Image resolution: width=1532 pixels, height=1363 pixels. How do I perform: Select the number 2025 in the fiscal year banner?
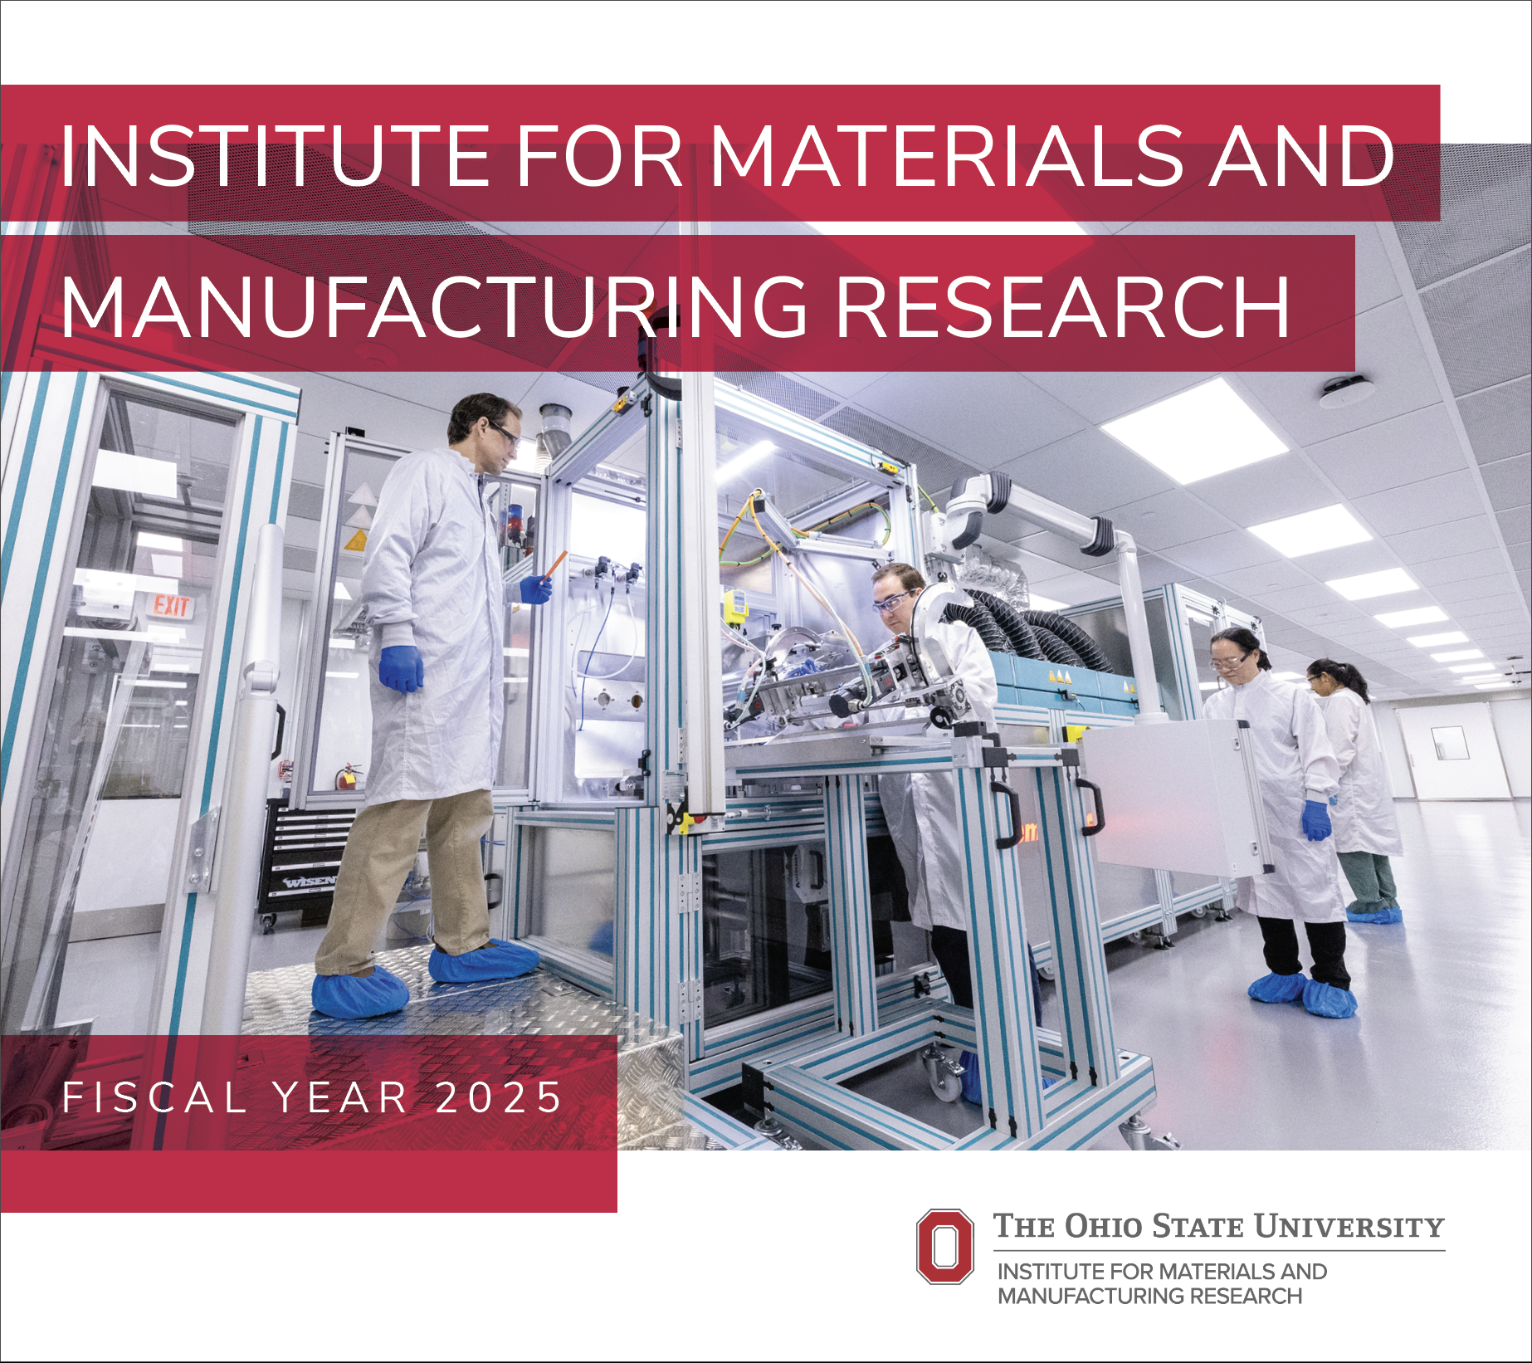499,1097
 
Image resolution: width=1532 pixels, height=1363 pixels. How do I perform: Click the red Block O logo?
944,1246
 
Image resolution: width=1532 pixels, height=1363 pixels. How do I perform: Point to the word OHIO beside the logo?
1103,1227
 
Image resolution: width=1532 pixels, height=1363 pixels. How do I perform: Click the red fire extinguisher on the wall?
349,777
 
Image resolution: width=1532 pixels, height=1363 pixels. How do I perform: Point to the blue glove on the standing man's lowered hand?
401,668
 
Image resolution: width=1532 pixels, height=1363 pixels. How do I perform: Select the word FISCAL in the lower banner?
154,1097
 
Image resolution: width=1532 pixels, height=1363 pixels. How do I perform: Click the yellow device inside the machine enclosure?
734,604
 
